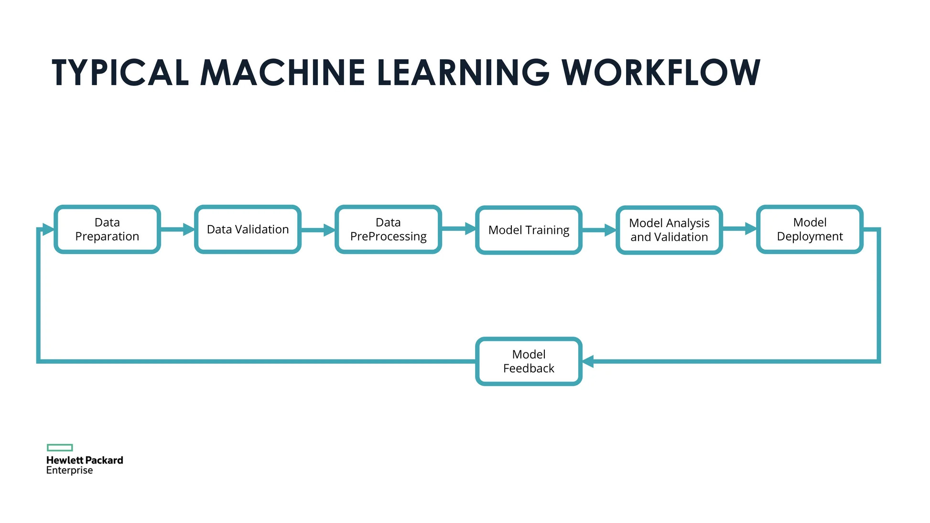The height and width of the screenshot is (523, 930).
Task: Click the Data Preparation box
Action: click(107, 229)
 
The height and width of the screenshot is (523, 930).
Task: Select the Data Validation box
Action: click(248, 229)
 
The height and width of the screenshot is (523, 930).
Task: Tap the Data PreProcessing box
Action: click(388, 229)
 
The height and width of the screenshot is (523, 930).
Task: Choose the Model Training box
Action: click(529, 230)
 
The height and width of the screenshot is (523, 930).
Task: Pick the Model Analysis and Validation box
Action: click(669, 230)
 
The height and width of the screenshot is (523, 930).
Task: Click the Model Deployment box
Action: click(810, 229)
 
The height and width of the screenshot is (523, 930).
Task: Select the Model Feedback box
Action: click(529, 361)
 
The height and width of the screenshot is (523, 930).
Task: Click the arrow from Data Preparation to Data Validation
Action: click(177, 229)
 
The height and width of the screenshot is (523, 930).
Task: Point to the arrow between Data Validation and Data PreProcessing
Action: click(318, 230)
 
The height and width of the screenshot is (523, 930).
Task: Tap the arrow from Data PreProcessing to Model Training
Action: click(458, 229)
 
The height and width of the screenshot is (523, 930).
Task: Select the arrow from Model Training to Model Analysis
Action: click(599, 230)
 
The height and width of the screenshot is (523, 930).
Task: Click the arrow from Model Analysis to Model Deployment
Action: click(739, 229)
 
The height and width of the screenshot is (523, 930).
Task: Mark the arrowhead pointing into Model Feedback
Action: click(588, 361)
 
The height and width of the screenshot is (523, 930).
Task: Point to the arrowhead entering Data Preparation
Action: click(48, 229)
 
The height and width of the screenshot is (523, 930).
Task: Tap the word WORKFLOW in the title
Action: click(660, 73)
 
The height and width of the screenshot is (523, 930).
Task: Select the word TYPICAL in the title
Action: click(120, 73)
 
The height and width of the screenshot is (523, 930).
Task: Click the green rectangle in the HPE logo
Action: click(60, 447)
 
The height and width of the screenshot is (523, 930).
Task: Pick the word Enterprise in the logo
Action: click(69, 470)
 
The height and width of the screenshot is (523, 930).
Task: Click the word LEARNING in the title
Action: click(463, 73)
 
